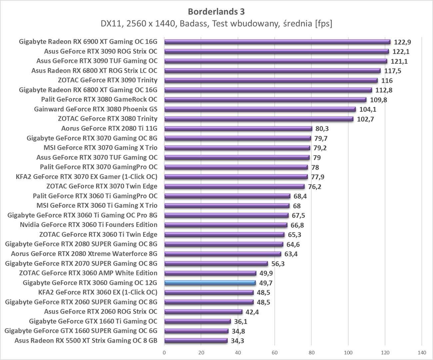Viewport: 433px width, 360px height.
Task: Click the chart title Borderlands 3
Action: click(216, 12)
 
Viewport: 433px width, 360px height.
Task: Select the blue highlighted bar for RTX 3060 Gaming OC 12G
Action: click(210, 283)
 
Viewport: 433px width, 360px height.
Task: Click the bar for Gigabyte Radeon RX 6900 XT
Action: click(277, 42)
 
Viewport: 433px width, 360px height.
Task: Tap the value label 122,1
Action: click(401, 52)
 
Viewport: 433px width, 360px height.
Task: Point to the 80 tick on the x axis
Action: click(311, 352)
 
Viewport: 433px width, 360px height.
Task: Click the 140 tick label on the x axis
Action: click(422, 352)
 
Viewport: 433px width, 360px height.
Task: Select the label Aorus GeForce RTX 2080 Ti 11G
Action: click(109, 128)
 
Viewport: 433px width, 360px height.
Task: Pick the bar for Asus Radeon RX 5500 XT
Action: click(196, 341)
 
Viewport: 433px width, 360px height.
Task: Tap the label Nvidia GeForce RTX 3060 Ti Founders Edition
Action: click(89, 225)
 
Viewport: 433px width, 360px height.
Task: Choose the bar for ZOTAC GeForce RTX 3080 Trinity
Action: click(258, 119)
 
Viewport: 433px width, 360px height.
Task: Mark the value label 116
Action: click(387, 81)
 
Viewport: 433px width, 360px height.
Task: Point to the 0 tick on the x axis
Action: click(164, 352)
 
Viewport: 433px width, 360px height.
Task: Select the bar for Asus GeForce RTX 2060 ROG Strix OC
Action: click(203, 312)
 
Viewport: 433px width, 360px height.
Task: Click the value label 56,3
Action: click(278, 264)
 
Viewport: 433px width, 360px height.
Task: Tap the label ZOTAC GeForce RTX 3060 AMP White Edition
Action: click(88, 273)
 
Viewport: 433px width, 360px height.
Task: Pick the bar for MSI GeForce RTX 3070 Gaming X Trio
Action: click(237, 148)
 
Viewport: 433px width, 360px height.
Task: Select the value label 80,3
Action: click(322, 129)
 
